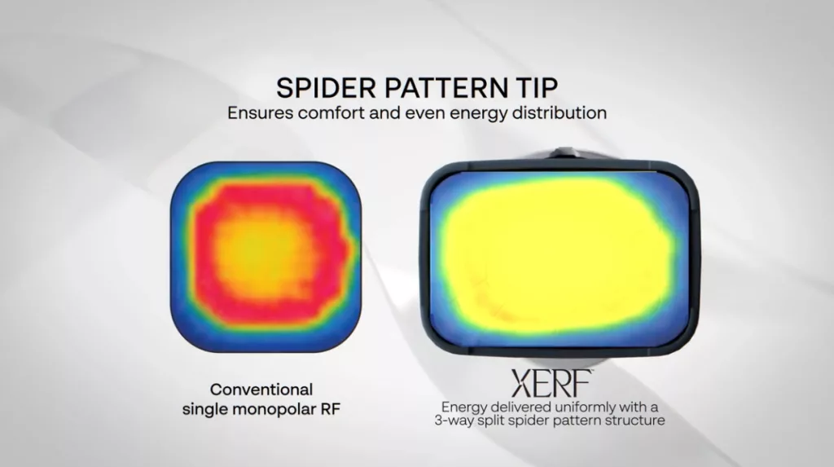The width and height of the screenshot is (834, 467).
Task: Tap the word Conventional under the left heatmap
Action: (x=261, y=390)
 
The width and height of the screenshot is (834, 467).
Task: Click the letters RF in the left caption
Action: (x=331, y=409)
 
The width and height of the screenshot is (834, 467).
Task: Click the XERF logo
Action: (x=551, y=383)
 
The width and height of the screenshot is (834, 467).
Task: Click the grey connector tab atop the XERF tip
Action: (x=564, y=153)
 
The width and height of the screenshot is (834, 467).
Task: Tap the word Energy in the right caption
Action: (x=464, y=408)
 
